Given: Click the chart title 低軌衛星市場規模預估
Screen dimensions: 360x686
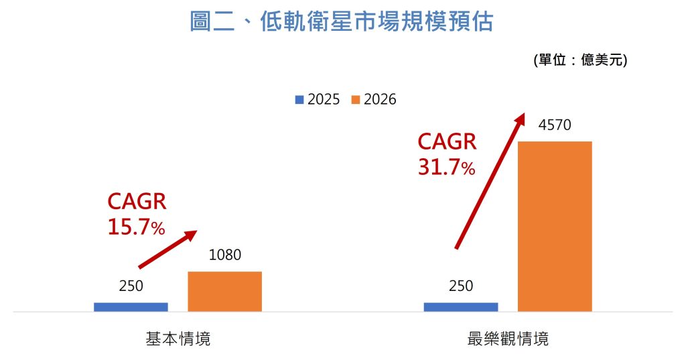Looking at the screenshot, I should [342, 22].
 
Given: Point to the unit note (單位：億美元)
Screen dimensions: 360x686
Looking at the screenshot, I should [579, 60].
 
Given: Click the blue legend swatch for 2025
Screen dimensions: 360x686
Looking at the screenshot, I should [298, 100].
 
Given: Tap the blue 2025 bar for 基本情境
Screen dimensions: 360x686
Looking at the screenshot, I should [131, 306].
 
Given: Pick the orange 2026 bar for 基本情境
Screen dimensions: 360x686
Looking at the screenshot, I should [224, 291].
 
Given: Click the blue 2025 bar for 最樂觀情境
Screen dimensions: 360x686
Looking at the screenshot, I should [461, 306].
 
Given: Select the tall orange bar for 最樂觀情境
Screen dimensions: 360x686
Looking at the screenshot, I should [555, 226].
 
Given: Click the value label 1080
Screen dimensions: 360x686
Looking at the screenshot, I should [224, 255].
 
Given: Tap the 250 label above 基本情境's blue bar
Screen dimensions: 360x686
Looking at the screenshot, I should [131, 286].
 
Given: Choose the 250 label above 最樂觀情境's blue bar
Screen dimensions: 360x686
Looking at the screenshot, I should [461, 286].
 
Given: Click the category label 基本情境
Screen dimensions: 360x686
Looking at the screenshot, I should [178, 339].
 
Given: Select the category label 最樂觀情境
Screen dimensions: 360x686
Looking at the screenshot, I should [507, 339].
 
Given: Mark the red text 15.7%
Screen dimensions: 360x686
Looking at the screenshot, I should [136, 227].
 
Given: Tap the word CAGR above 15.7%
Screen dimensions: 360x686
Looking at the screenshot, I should [137, 202].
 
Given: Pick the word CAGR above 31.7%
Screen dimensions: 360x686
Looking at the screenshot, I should [447, 142].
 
